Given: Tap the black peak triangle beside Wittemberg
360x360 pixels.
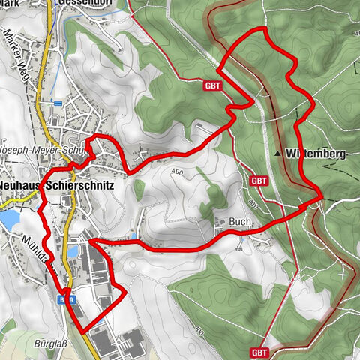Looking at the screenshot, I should [278, 154].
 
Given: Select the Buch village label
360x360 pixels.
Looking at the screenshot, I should [239, 222].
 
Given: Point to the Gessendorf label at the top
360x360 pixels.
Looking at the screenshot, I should [85, 3].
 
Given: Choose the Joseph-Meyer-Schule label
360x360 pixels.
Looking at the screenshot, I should [45, 149].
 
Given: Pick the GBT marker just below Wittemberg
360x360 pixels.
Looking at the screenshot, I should [259, 181].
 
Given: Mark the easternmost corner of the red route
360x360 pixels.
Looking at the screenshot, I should [322, 196].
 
